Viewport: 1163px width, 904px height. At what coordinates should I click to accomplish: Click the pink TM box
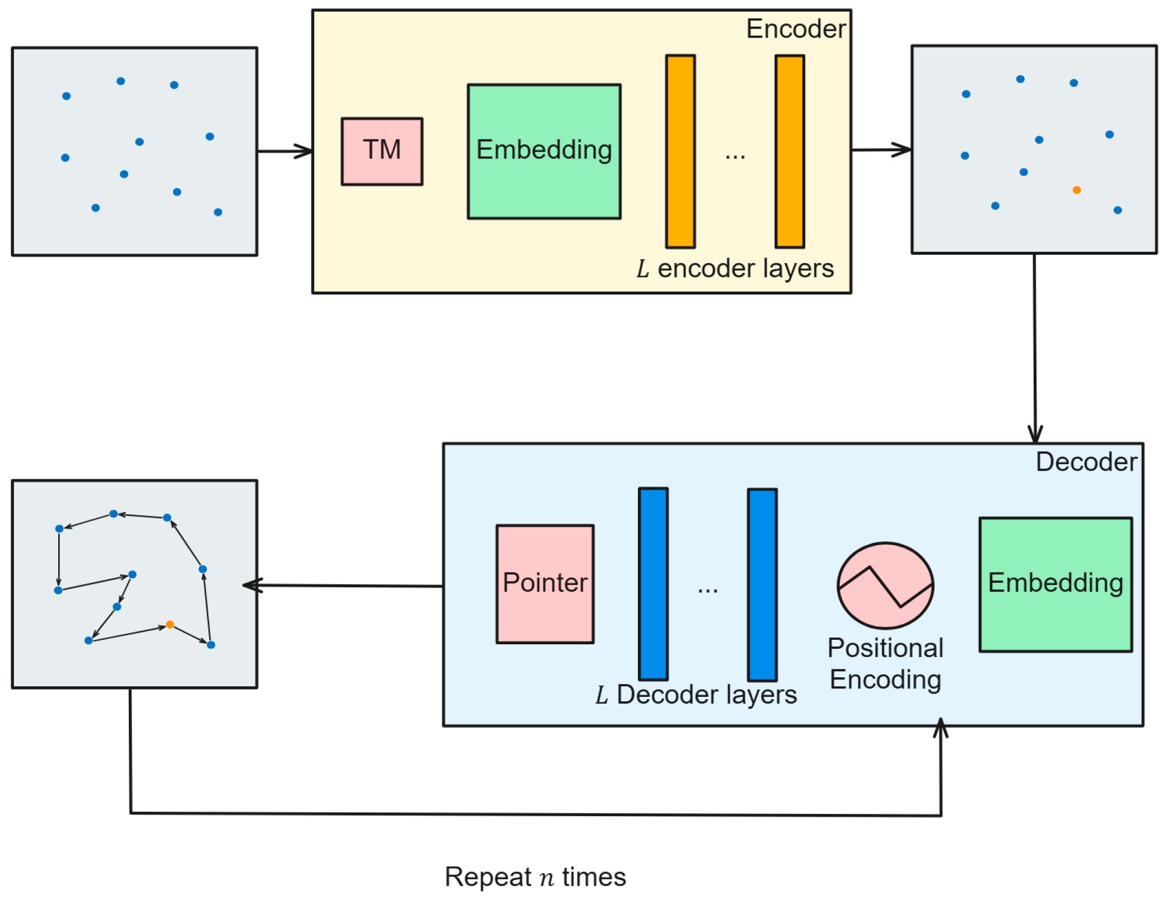click(x=382, y=151)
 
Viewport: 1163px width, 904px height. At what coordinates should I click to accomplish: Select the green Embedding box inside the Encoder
click(x=544, y=151)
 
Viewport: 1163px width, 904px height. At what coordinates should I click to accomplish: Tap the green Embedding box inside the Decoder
click(x=1055, y=584)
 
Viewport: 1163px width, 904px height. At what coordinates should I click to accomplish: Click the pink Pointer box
click(x=545, y=584)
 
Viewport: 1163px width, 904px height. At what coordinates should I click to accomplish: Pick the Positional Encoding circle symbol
click(x=885, y=585)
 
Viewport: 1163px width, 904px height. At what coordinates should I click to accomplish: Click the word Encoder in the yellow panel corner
click(x=796, y=29)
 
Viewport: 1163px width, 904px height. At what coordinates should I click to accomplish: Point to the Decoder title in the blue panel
click(x=1086, y=462)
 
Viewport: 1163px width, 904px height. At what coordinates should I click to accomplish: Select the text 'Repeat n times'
click(x=535, y=877)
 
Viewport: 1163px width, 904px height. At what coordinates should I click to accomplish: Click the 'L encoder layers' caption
click(x=735, y=269)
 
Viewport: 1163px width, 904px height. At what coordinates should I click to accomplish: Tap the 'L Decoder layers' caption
click(x=696, y=695)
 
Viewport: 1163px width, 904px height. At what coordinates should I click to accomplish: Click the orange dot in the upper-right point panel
click(x=1076, y=190)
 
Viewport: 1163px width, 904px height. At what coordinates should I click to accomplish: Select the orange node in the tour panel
click(x=170, y=624)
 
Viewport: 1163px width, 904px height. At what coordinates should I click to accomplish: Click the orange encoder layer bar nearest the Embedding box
click(x=680, y=151)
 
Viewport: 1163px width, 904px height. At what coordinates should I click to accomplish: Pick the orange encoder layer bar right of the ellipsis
click(x=790, y=151)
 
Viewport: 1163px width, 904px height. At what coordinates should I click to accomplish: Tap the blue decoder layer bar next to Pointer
click(x=653, y=584)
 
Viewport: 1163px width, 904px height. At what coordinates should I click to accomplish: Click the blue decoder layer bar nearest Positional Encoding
click(x=762, y=584)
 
